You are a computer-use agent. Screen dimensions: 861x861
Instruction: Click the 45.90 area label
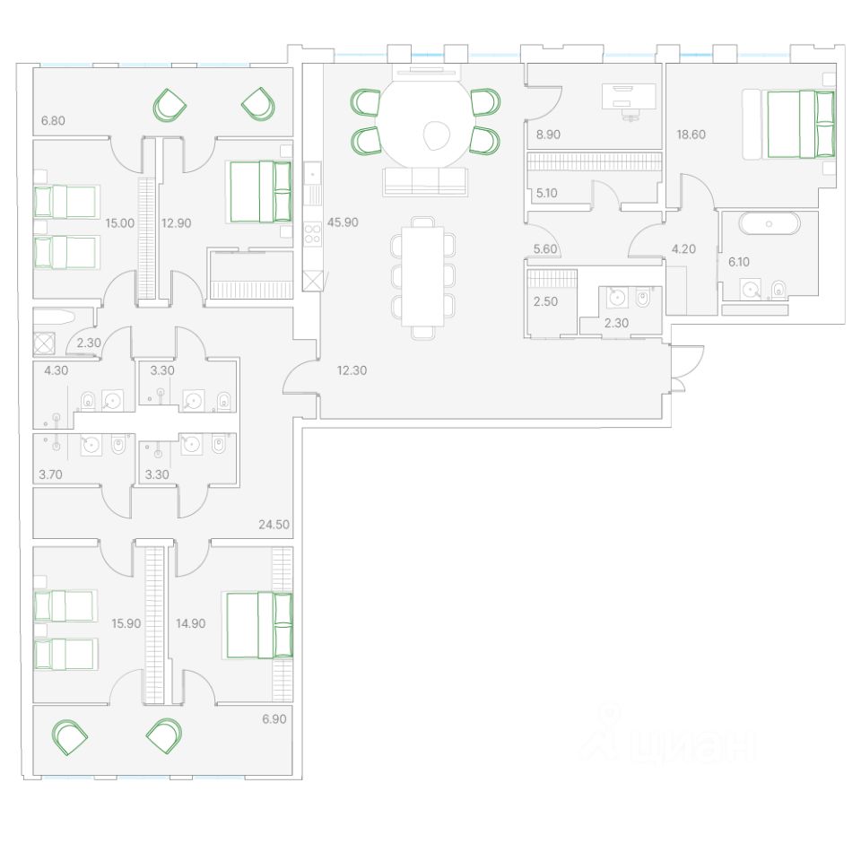[343, 222]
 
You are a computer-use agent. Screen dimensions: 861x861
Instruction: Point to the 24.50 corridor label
[274, 524]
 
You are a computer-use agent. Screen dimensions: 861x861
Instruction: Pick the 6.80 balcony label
[54, 120]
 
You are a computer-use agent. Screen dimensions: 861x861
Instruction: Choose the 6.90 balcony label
[274, 719]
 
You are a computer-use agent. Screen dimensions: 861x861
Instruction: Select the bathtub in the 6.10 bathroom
[770, 223]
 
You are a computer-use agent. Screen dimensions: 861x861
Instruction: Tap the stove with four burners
[313, 235]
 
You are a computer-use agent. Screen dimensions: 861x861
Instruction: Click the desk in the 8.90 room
[629, 96]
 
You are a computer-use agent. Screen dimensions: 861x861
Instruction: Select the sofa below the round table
[424, 181]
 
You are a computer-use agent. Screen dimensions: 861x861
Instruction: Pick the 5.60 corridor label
[545, 250]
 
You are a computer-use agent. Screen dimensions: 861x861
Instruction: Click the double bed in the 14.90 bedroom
[259, 625]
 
